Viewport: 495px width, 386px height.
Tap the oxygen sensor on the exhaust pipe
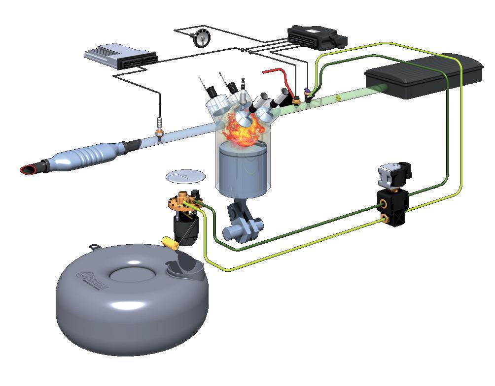(x=159, y=129)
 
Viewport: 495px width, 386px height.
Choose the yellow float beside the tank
(x=170, y=242)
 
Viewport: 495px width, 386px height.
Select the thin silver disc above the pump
(x=184, y=175)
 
